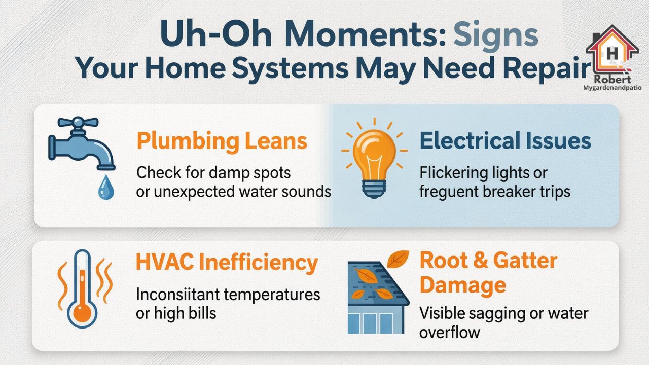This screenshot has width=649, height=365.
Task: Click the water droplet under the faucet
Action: (x=106, y=188)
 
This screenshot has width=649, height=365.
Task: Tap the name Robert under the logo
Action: (x=612, y=80)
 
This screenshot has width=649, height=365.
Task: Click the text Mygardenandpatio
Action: (x=612, y=88)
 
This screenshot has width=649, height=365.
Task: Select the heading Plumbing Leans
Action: (x=222, y=141)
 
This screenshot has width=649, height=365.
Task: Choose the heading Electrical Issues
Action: (x=506, y=141)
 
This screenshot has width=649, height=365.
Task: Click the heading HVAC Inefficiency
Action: (x=227, y=263)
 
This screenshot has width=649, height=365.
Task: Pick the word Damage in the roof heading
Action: (x=462, y=285)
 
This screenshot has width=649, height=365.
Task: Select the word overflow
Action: (x=450, y=333)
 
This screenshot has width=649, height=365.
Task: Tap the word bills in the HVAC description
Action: (x=202, y=313)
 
